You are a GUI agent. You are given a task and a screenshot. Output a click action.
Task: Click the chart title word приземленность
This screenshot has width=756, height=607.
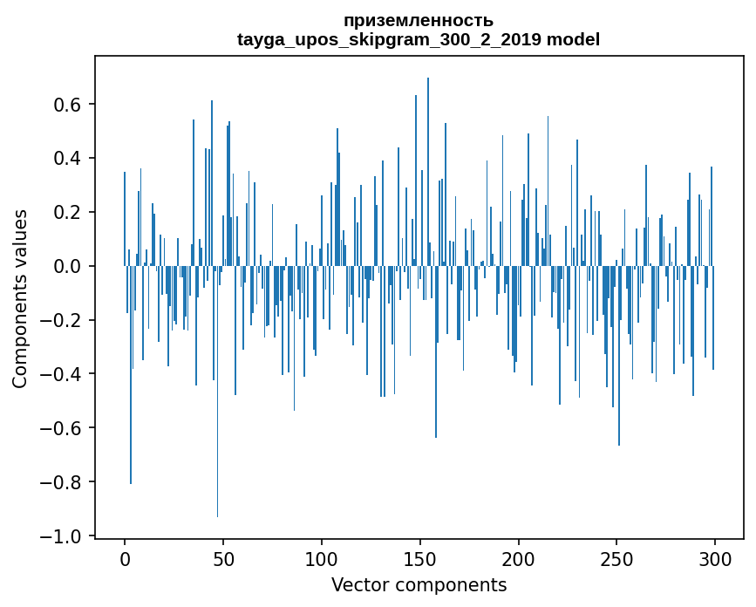(x=419, y=20)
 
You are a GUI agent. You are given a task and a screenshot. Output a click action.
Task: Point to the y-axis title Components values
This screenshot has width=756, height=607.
(x=20, y=298)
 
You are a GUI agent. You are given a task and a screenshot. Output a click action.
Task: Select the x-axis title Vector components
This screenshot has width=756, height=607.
(x=419, y=584)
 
